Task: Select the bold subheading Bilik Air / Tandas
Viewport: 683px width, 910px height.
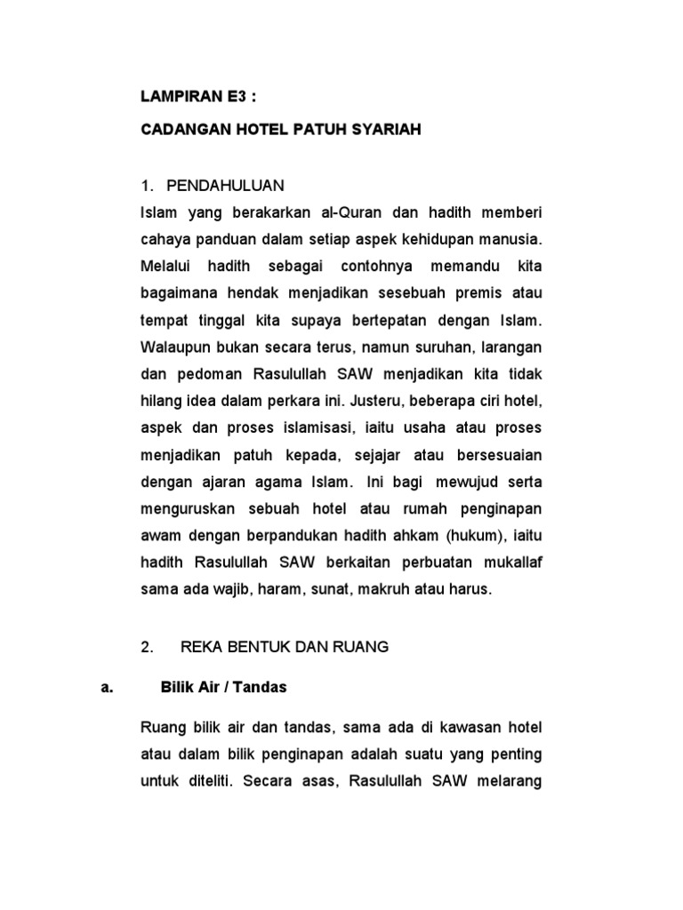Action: pos(223,687)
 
